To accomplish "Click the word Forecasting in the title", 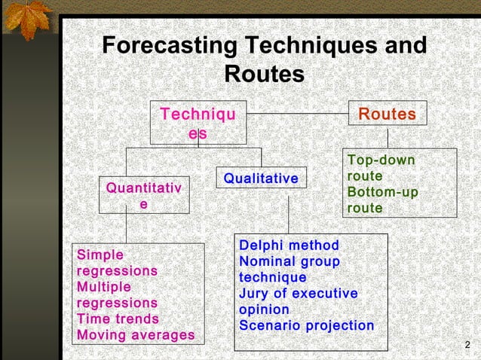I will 167,45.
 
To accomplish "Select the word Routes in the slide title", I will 265,75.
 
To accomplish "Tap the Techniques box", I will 198,123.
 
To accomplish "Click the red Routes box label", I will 387,114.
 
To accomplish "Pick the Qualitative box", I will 261,178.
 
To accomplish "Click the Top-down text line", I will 381,160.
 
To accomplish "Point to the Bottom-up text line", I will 382,192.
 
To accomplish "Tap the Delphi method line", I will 289,246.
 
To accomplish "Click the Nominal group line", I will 289,261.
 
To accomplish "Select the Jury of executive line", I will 298,294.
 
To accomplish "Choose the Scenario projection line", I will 306,325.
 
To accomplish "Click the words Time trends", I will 118,319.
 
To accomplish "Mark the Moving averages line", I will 136,334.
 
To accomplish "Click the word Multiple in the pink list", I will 104,287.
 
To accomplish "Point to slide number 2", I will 467,346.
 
